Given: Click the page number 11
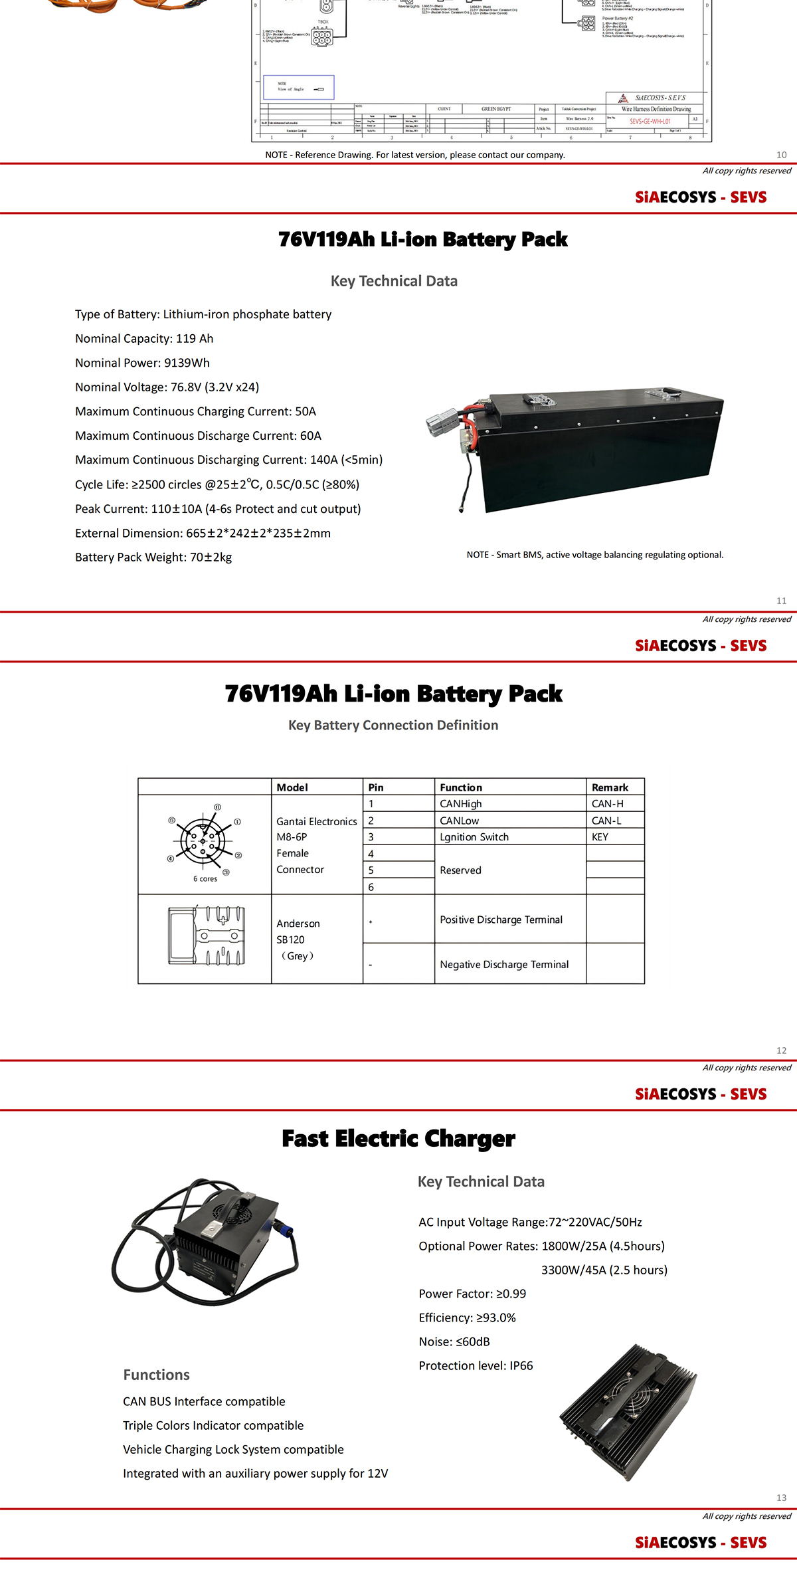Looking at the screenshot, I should [x=781, y=601].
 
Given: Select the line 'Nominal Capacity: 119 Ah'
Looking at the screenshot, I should [x=144, y=338].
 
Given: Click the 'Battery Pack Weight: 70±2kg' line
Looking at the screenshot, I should [x=153, y=557].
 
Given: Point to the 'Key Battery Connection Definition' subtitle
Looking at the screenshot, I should [x=393, y=725].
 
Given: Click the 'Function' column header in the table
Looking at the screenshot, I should [x=461, y=787].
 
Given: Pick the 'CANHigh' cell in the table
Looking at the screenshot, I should [x=461, y=804].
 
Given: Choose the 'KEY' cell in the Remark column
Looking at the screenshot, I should [x=600, y=837].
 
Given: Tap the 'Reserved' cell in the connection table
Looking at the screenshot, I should [x=460, y=870].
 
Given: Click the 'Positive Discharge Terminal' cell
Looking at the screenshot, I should [x=501, y=920].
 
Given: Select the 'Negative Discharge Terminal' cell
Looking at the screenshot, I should [x=504, y=964].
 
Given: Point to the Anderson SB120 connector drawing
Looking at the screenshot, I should [x=207, y=935].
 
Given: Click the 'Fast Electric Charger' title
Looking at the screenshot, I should [x=398, y=1138].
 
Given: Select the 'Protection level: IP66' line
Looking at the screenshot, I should [x=476, y=1365].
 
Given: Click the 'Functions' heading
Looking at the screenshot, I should [x=156, y=1375].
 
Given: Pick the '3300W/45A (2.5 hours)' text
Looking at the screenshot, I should [x=604, y=1270].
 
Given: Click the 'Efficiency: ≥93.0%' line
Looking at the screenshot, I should [x=467, y=1318].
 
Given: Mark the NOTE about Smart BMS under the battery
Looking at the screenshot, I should [x=595, y=555].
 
